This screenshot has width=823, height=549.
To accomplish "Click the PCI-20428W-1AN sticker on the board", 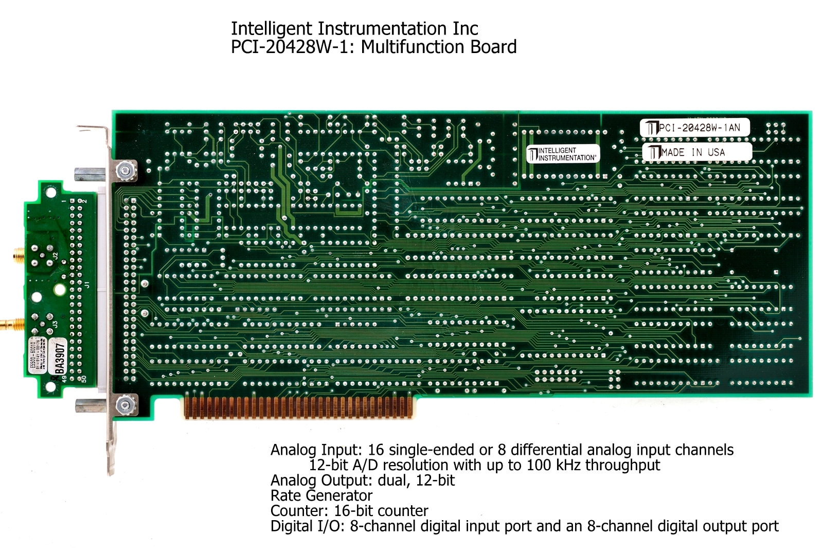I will pyautogui.click(x=694, y=128).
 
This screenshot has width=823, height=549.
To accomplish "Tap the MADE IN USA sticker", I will pyautogui.click(x=697, y=152).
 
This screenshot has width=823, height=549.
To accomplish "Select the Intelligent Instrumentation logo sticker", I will pyautogui.click(x=563, y=154).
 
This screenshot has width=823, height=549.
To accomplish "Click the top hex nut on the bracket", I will pyautogui.click(x=124, y=169).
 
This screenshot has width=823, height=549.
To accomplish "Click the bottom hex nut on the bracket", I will pyautogui.click(x=124, y=405).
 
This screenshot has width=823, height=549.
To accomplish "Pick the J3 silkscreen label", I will pyautogui.click(x=55, y=325).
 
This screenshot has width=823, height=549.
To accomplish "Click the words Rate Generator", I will pyautogui.click(x=321, y=495).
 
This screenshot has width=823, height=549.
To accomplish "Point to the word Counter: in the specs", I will pyautogui.click(x=300, y=511).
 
